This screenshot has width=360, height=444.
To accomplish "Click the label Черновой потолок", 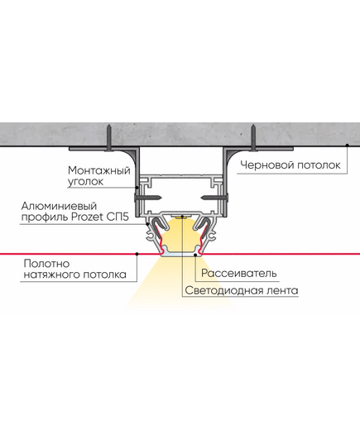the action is [x=290, y=165].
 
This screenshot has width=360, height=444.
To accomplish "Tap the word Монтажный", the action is [x=99, y=170].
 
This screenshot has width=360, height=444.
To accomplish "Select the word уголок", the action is [x=85, y=182].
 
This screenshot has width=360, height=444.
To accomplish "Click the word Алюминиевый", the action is [x=59, y=206].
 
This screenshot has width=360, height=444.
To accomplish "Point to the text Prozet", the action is [x=87, y=217].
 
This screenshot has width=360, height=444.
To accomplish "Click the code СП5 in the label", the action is [x=118, y=217].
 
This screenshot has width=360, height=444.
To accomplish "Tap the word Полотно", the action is [x=47, y=264].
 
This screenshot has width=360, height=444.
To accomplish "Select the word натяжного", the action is [x=51, y=275].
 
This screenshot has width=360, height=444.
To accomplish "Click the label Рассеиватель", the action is [x=239, y=273].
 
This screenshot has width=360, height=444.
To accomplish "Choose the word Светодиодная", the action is [x=222, y=291].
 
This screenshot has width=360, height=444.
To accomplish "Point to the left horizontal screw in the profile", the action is [x=148, y=198].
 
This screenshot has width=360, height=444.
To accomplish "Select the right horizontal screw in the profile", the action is [x=215, y=198].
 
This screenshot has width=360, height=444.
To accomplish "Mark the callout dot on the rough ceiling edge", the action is [x=348, y=146].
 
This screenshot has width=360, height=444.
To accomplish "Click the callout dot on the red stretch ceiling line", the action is [x=137, y=254].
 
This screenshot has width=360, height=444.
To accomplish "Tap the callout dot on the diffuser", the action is [x=195, y=255].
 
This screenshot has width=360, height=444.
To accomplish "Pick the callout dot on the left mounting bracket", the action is [x=137, y=187].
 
